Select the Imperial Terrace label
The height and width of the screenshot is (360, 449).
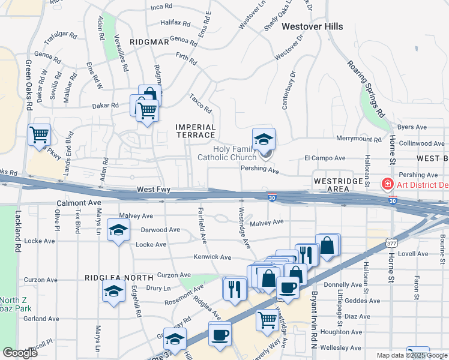tap(195, 131)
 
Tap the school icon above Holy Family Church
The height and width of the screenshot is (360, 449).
tap(264, 140)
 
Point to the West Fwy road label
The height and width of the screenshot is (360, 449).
tap(154, 190)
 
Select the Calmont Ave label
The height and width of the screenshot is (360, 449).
tap(77, 203)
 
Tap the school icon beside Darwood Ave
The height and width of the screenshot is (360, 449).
tap(118, 230)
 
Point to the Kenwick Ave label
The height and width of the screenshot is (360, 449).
tap(212, 257)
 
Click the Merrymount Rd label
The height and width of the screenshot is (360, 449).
tap(358, 139)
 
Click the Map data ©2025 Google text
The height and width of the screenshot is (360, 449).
tap(411, 355)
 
